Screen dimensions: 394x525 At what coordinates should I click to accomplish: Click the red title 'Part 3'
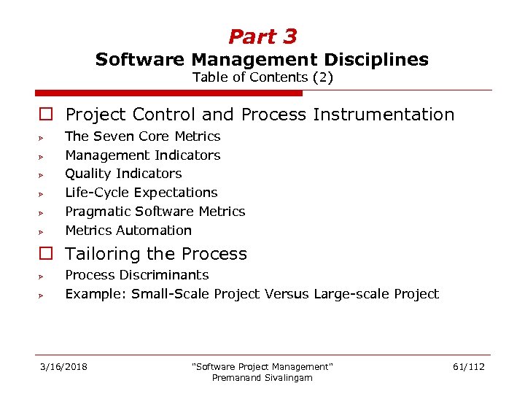point(262,36)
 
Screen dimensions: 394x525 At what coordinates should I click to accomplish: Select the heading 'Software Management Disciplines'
point(262,59)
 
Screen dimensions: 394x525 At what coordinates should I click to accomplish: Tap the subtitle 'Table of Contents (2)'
point(262,77)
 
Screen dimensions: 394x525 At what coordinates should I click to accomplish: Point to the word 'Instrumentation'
point(384,115)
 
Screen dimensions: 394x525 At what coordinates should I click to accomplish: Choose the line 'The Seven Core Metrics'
point(142,136)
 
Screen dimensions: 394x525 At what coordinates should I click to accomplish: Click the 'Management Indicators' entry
point(142,155)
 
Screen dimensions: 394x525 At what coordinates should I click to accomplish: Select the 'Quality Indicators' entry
point(123,174)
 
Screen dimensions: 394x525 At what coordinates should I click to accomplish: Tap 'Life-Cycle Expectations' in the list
point(141,193)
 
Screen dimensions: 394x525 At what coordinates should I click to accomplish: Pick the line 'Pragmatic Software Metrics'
point(155,212)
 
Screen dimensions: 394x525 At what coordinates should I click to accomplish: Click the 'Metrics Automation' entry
point(128,231)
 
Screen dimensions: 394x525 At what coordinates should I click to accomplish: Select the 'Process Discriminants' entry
point(136,275)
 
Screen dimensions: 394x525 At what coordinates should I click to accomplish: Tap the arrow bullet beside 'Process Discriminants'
point(44,277)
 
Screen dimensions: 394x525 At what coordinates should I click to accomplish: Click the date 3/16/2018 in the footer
point(63,366)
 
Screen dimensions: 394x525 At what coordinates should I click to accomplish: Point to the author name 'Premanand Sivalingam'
point(262,377)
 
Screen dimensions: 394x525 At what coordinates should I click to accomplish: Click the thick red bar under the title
point(168,93)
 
